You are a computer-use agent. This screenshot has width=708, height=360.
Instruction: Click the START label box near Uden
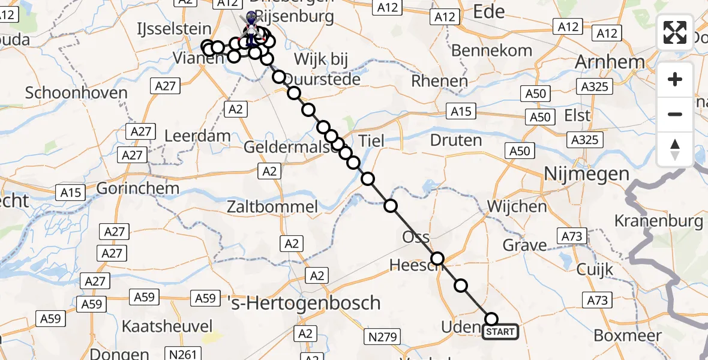pyautogui.click(x=500, y=332)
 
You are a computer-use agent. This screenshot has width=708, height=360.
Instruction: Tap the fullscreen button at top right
pyautogui.click(x=675, y=32)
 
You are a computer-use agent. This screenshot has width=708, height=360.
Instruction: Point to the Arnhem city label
pyautogui.click(x=610, y=62)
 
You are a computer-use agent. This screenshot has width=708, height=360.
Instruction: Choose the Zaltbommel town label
pyautogui.click(x=272, y=208)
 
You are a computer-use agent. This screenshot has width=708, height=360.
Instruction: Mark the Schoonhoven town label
pyautogui.click(x=77, y=93)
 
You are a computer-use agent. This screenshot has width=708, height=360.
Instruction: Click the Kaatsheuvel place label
pyautogui.click(x=167, y=326)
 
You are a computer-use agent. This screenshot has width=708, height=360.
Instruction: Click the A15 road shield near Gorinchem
pyautogui.click(x=71, y=193)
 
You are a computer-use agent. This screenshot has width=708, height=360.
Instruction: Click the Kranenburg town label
pyautogui.click(x=658, y=221)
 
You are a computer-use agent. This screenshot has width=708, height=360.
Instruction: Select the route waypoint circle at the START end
pyautogui.click(x=491, y=319)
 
